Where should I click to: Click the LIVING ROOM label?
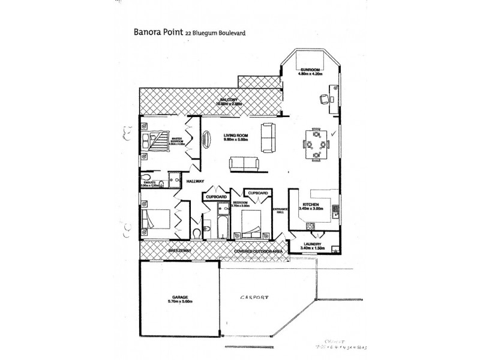[236, 136]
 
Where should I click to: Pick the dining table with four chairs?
[314, 145]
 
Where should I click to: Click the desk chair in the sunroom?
[325, 99]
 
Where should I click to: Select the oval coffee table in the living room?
[208, 139]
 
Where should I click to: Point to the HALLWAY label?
[196, 181]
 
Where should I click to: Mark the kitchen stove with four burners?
[311, 226]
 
